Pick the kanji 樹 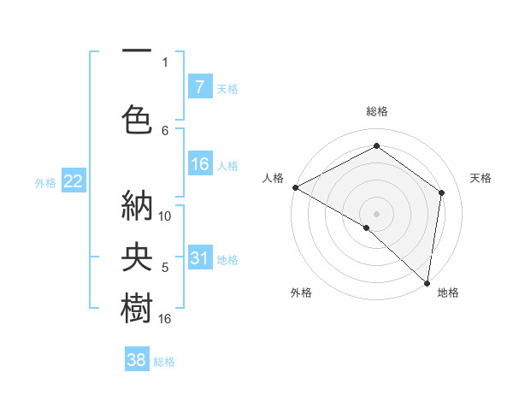137,308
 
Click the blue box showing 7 200,86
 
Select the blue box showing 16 200,164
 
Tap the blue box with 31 200,258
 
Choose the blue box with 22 73,181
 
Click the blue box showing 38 137,360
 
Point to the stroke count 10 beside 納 166,216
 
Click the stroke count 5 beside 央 165,268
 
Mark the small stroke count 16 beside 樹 166,319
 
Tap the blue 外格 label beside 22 45,182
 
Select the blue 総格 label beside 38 164,362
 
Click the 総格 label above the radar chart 376,111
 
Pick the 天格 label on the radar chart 481,178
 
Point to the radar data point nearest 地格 427,281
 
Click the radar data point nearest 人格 295,187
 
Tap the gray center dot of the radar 376,213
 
